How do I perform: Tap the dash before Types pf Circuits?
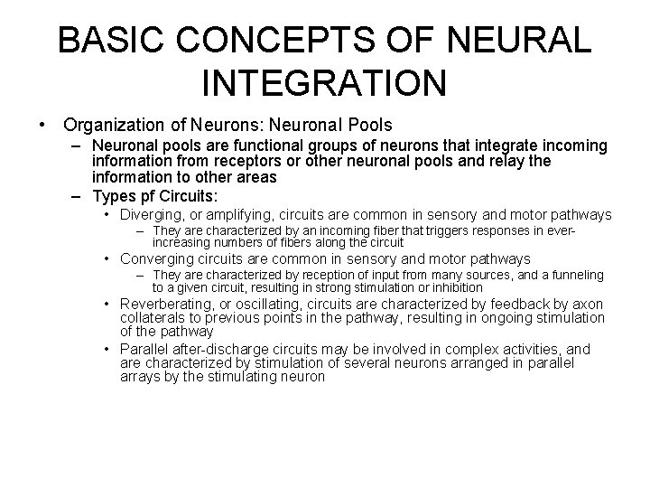click(x=75, y=195)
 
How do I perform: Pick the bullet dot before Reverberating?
click(x=107, y=305)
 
